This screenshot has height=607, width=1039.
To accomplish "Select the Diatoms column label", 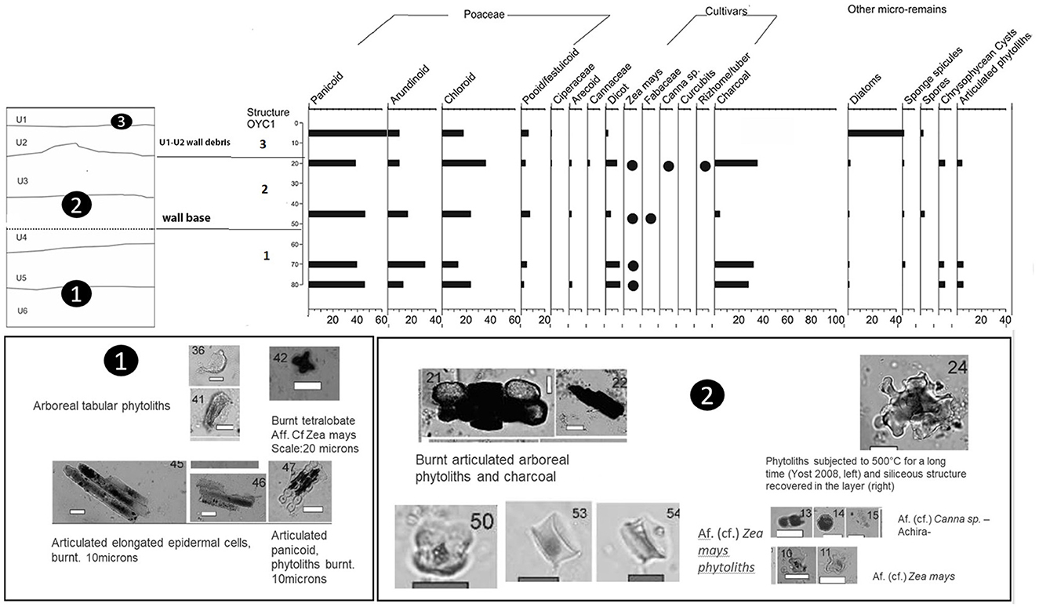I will (x=865, y=89).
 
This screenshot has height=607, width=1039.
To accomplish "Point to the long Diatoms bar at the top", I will (x=876, y=133).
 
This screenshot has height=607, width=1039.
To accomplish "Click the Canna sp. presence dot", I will (x=668, y=165).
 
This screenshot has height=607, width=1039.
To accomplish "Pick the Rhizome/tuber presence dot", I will (x=705, y=165).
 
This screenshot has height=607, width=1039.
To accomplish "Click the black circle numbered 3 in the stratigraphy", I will (x=121, y=122).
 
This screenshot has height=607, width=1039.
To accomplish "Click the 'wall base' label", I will (x=187, y=217).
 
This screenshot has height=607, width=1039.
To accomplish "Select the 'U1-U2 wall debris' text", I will (x=193, y=144).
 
